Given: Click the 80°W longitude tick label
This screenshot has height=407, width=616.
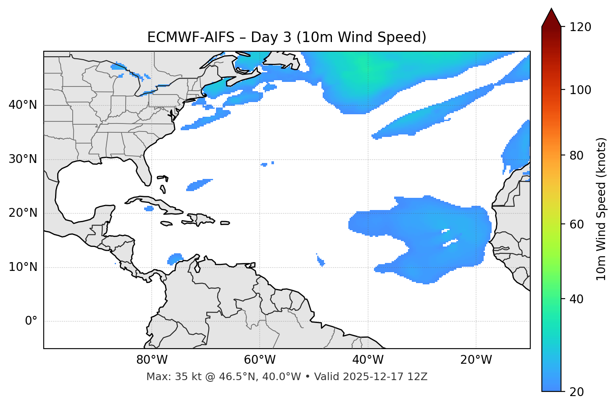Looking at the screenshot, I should click(152, 360).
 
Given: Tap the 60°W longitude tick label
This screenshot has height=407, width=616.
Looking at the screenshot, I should click(259, 360).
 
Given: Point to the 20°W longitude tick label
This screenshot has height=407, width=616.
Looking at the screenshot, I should click(476, 360).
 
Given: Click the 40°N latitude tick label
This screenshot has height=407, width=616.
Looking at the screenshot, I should click(23, 105).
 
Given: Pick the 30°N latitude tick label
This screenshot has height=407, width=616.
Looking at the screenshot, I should click(23, 159).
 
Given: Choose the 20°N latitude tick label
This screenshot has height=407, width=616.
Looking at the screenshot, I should click(23, 213).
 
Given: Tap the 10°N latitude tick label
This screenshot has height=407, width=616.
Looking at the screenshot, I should click(23, 267).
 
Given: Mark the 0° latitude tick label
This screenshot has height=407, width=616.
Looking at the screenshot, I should click(31, 321).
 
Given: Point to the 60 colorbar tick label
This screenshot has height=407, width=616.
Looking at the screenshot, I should click(576, 224).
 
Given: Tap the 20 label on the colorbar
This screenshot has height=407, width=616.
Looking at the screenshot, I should click(576, 392).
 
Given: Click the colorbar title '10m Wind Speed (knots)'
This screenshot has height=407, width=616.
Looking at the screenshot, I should click(601, 209).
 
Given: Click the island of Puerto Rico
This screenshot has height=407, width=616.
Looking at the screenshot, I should click(225, 223).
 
